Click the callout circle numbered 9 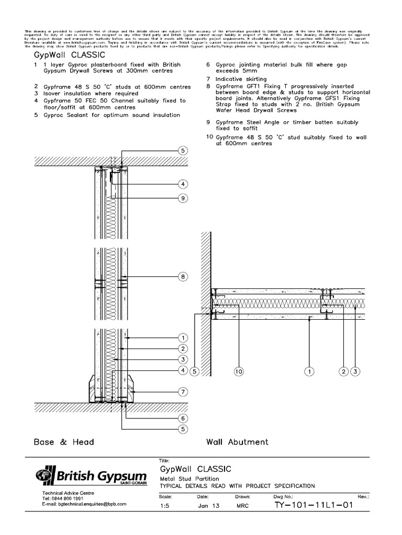[x=183, y=198]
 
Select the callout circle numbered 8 [x=183, y=277]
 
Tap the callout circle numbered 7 [x=183, y=391]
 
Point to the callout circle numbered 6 [x=183, y=418]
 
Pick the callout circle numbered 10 [x=239, y=371]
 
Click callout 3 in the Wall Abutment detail [x=355, y=371]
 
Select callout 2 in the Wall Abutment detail [x=343, y=371]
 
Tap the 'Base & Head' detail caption [x=64, y=442]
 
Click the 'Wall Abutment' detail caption [x=237, y=442]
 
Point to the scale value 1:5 [x=163, y=506]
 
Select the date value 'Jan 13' [x=207, y=506]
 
